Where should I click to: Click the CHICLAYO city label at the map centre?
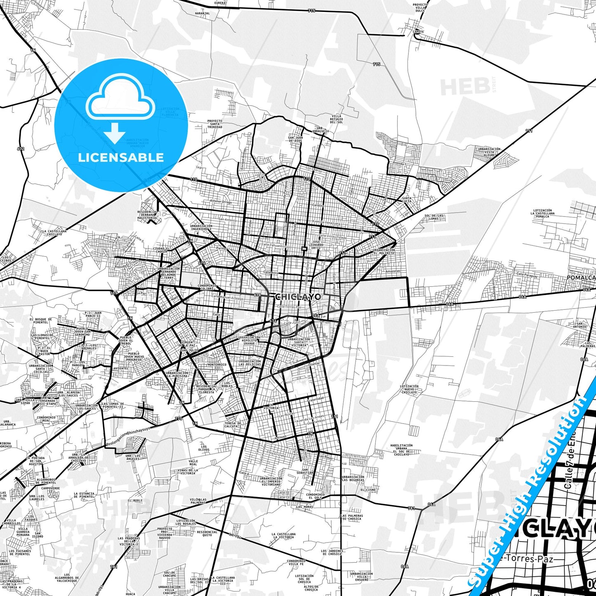[298, 297]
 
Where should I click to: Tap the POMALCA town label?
[581, 278]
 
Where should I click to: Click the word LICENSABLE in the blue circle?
[121, 158]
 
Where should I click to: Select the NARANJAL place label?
[202, 13]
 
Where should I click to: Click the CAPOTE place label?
[418, 32]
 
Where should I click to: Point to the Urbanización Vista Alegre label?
[489, 152]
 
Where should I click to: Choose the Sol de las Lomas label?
[434, 217]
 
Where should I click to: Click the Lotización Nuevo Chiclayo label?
[409, 389]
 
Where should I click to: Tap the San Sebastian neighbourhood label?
[307, 471]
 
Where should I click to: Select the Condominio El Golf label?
[315, 496]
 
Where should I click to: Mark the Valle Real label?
[193, 463]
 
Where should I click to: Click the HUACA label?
[130, 594]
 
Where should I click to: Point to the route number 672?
[21, 148]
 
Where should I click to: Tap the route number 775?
[178, 419]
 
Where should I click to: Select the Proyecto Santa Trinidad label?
[214, 124]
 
